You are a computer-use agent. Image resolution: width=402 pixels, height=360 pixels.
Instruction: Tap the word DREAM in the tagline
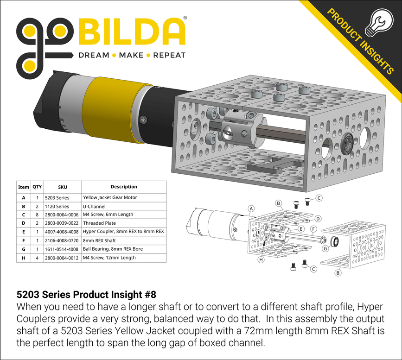(x=93, y=55)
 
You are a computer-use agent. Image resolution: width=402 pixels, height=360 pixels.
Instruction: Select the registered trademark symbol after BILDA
(x=185, y=18)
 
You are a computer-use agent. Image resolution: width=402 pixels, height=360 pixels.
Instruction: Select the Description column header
(x=124, y=187)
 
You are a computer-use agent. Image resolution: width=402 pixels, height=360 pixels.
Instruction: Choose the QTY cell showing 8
(x=37, y=215)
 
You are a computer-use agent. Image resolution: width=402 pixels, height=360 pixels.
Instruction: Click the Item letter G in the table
(x=23, y=249)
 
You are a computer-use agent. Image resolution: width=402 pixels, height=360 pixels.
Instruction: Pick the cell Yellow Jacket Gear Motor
(x=110, y=197)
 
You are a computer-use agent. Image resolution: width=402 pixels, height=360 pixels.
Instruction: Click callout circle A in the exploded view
(x=251, y=209)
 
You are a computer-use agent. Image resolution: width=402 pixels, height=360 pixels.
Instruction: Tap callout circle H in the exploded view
(x=261, y=260)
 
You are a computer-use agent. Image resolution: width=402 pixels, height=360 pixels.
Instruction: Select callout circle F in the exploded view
(x=313, y=229)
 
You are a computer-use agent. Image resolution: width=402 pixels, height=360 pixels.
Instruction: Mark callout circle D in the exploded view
(x=318, y=219)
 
